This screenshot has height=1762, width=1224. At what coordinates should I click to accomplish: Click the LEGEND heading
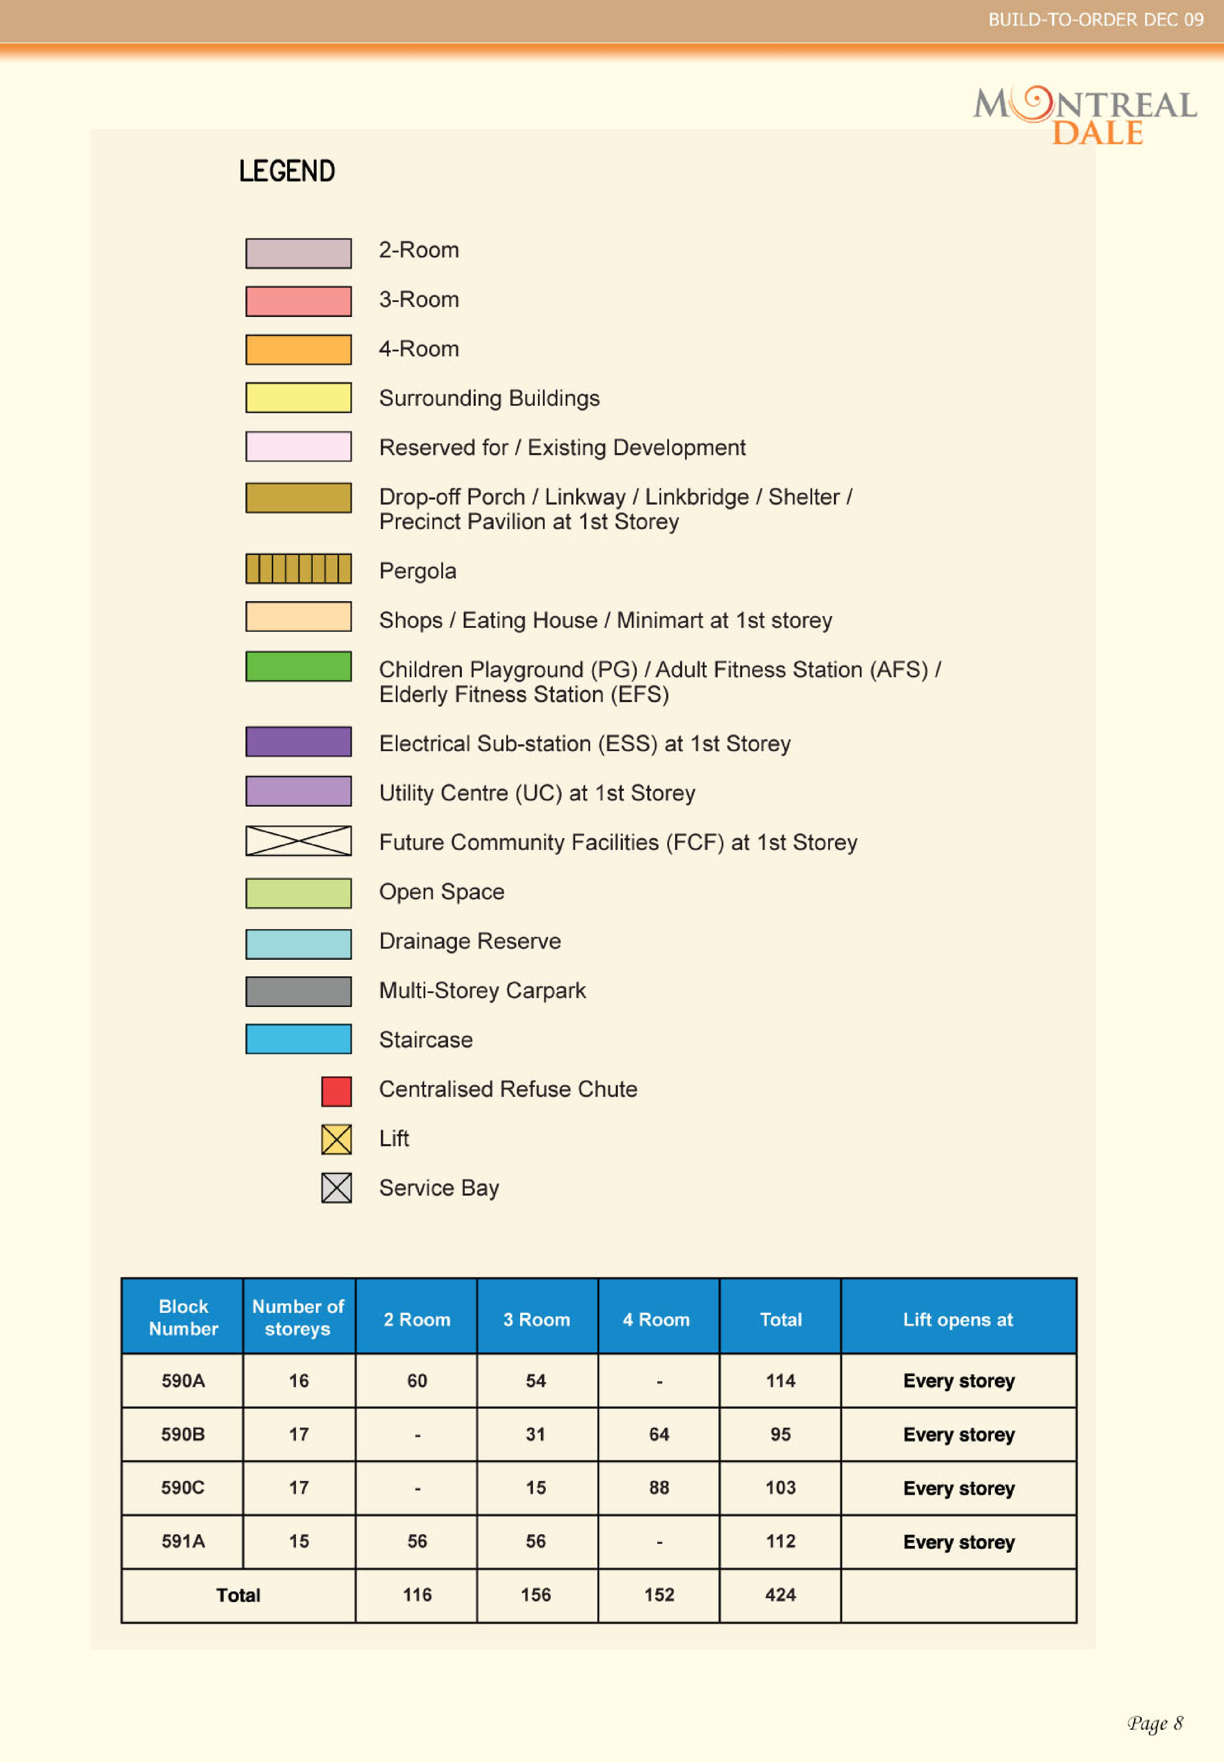pos(287,171)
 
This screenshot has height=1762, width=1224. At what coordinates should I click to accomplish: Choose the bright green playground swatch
pos(298,666)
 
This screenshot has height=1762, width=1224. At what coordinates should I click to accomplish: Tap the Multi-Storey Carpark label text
pos(482,991)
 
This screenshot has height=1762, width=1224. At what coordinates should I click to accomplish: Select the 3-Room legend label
pos(419,300)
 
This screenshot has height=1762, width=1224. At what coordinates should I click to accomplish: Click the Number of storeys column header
pos(298,1317)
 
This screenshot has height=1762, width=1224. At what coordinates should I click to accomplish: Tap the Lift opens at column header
pos(958,1320)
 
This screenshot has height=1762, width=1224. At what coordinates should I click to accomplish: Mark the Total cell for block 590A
pos(780,1381)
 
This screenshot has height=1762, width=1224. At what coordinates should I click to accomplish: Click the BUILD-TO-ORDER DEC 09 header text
pos(1095,20)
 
